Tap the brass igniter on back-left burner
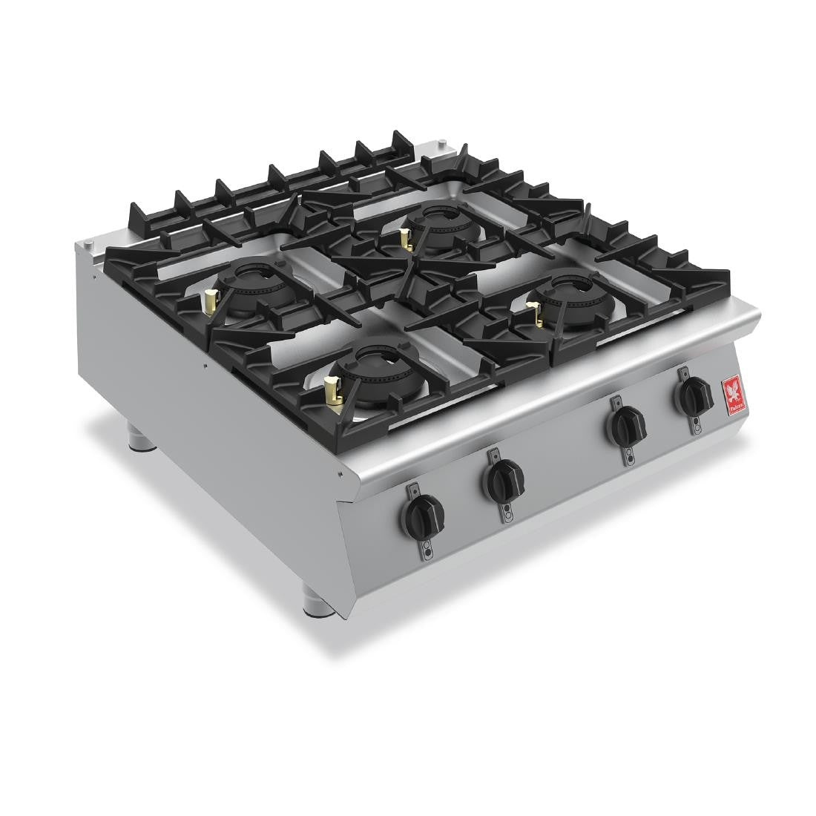(x=210, y=300)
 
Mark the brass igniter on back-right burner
(x=405, y=239)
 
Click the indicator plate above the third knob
(x=616, y=403)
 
